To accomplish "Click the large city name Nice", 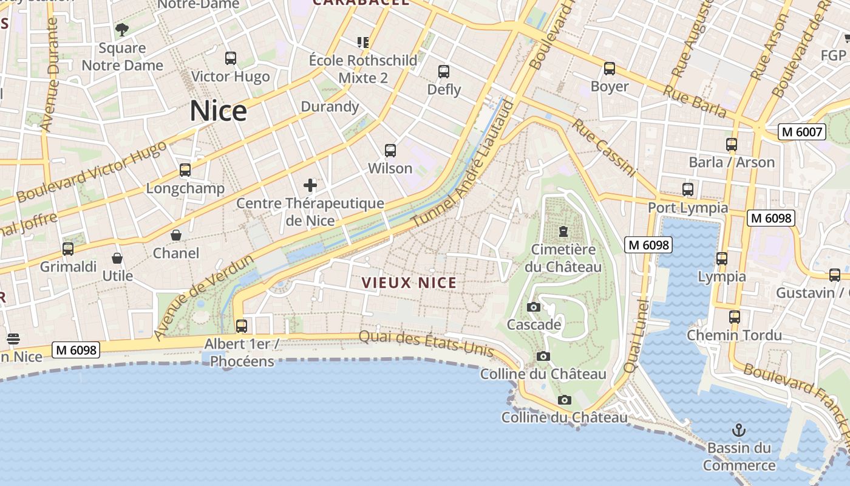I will click(x=218, y=111).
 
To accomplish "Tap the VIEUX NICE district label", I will click(x=409, y=282).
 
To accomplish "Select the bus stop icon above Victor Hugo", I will click(x=231, y=58).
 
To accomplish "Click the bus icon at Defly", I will click(x=444, y=72).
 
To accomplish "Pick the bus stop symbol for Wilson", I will click(x=390, y=150).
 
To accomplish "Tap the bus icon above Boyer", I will click(x=610, y=69).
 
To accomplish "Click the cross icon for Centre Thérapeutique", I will click(x=310, y=185).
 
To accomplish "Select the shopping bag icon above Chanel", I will click(x=176, y=235).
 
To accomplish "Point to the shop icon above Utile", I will click(x=117, y=258).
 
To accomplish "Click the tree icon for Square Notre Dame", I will click(x=122, y=29).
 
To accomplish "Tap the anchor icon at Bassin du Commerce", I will click(x=739, y=431).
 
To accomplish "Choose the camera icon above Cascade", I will click(x=534, y=307).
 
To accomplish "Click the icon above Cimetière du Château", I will click(x=563, y=231).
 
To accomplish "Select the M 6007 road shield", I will click(x=802, y=132).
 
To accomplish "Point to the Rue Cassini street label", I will click(x=604, y=148).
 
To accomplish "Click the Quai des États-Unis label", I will click(x=426, y=342).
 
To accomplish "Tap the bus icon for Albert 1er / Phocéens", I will click(x=242, y=326).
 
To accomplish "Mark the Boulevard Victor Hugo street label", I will click(x=91, y=173).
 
